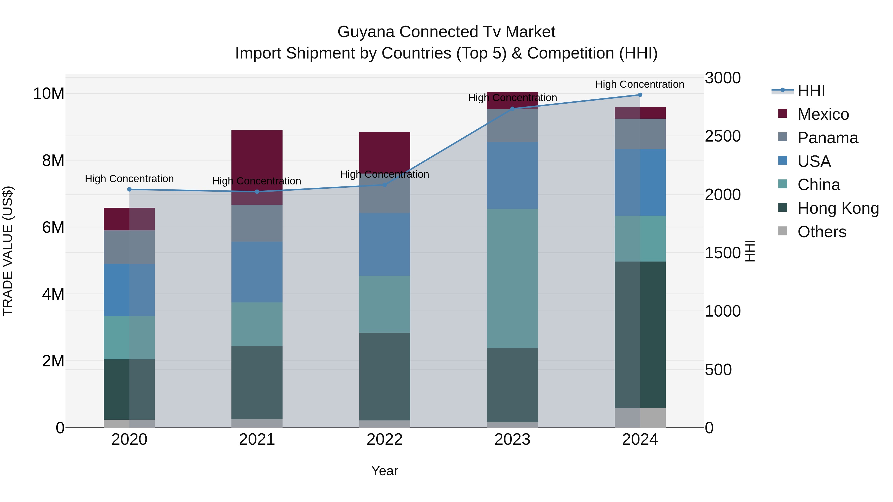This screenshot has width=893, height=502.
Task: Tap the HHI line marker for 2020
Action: coord(129,189)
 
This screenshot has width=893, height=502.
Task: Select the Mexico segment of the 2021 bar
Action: coord(257,159)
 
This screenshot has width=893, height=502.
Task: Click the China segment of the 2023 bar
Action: coord(512,278)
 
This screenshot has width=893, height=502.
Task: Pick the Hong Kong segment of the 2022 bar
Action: coord(384,376)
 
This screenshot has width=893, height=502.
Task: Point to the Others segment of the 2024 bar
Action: coord(640,417)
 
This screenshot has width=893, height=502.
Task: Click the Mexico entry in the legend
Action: coord(823,114)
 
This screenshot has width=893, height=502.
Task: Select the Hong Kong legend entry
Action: coord(838,208)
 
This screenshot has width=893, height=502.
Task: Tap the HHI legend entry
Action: coord(811,91)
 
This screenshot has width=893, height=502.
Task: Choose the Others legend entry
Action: coord(822,232)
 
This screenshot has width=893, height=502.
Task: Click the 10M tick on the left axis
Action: coord(49,93)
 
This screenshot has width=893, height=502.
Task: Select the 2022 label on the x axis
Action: coord(384,440)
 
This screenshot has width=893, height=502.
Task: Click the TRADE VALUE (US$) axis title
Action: coord(8,251)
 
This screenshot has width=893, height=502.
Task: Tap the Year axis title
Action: coord(384,471)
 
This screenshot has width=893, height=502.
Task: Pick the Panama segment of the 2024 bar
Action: coord(640,134)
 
